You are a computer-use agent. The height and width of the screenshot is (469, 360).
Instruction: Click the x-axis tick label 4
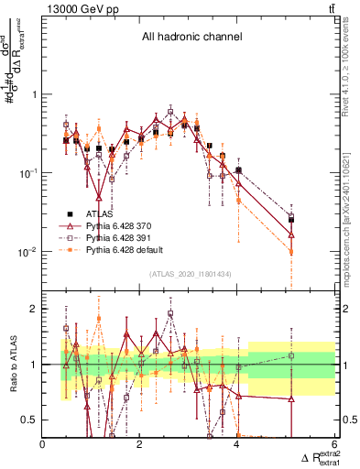click(x=236, y=444)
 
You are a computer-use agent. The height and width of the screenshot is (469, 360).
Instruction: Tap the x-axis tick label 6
click(x=334, y=444)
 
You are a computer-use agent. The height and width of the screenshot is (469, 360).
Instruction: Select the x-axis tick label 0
click(x=43, y=444)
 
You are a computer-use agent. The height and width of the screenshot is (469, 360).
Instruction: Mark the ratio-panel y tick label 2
click(x=34, y=309)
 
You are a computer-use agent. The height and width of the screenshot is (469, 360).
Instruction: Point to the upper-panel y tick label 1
click(x=34, y=94)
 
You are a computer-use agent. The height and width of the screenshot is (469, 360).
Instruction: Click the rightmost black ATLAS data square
click(x=291, y=220)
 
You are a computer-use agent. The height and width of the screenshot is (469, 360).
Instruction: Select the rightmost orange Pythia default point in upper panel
click(x=291, y=251)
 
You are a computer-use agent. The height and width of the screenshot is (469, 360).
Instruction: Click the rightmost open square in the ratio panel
click(x=291, y=355)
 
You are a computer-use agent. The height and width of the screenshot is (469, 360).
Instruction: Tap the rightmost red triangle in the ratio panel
click(x=291, y=399)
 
